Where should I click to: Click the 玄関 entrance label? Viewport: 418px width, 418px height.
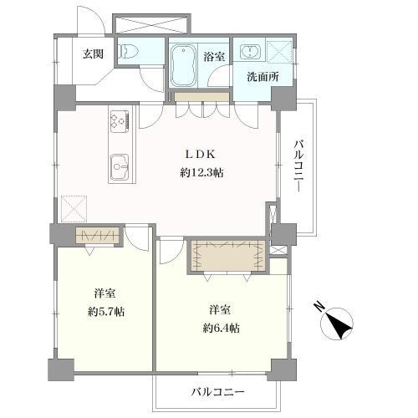92,54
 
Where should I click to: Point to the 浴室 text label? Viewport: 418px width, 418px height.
214,56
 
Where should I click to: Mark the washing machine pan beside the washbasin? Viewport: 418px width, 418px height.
278,52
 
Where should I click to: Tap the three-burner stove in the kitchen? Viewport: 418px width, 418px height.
117,123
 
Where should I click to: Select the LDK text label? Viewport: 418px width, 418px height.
201,155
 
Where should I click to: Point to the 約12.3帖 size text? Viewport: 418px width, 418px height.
201,172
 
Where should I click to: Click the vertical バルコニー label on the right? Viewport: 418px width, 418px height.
297,167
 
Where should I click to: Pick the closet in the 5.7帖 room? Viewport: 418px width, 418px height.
99,236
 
